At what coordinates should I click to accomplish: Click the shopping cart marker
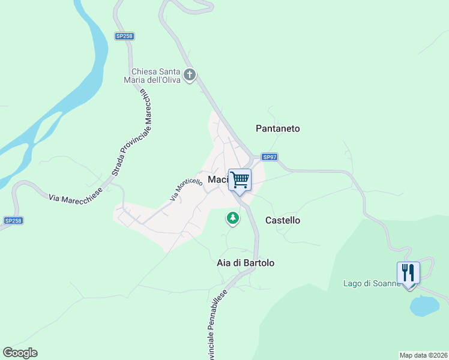click(x=240, y=179)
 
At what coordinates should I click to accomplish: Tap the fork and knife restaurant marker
click(x=408, y=274)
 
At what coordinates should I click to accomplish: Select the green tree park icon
click(x=232, y=218)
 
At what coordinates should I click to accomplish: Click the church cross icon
click(x=190, y=76)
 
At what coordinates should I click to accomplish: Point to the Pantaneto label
click(x=277, y=128)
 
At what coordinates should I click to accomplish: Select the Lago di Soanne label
click(x=370, y=283)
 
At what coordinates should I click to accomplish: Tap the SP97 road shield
click(x=270, y=157)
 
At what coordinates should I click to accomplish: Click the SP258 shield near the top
click(x=124, y=36)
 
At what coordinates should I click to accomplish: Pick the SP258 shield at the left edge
click(x=13, y=221)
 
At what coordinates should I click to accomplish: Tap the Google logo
click(x=20, y=353)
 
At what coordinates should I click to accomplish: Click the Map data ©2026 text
click(x=423, y=355)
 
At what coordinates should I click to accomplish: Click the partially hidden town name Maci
click(x=217, y=179)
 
